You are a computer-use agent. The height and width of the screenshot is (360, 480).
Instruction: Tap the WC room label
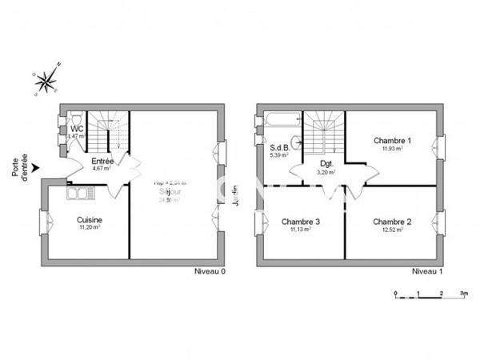(x=77, y=129)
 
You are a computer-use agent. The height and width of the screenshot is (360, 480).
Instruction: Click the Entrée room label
(x=102, y=162)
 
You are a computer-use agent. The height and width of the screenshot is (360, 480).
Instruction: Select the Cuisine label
(x=88, y=220)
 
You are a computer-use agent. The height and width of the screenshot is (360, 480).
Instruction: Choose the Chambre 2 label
(x=391, y=222)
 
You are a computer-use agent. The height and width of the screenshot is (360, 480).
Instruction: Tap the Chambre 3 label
(x=301, y=222)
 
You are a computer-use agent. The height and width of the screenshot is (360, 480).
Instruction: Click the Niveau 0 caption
(x=210, y=272)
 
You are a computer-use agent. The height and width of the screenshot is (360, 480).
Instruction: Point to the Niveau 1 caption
(x=428, y=272)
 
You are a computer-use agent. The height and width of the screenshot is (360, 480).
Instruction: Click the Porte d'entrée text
(x=20, y=170)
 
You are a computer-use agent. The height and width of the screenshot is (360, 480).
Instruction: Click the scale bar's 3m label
(x=463, y=294)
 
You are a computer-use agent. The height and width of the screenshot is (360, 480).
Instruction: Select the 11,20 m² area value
(x=88, y=228)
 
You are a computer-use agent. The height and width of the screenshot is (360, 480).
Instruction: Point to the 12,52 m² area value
(x=391, y=230)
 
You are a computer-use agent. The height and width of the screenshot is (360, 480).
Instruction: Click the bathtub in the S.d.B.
(x=280, y=122)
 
